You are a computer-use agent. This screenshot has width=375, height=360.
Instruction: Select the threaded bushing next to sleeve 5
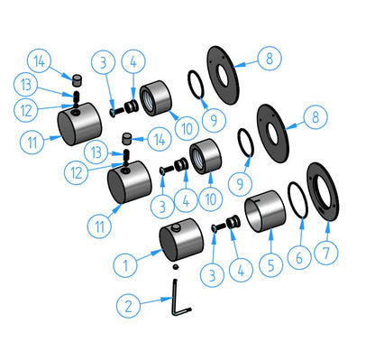tap(233, 223)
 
